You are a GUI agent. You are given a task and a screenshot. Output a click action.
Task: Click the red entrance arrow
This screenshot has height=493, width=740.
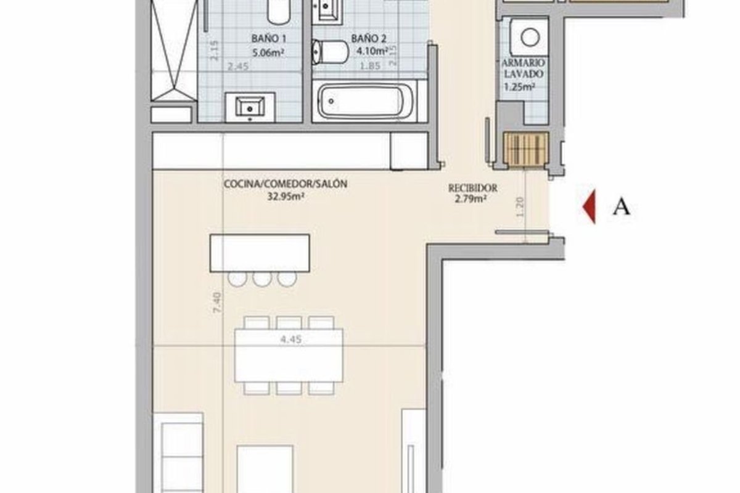590,206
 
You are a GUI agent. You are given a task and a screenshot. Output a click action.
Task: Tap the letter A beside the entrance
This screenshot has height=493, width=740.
622,208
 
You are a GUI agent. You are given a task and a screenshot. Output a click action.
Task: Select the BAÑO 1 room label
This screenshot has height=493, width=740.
269,39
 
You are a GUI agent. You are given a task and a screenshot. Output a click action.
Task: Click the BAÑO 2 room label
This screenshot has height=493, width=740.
368,39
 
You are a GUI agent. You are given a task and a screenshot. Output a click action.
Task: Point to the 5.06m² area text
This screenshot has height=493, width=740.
268,52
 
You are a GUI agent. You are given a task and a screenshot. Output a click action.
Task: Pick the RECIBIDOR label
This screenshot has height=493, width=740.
472,188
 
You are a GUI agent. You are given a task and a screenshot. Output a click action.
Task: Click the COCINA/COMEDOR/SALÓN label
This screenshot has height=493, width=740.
286,184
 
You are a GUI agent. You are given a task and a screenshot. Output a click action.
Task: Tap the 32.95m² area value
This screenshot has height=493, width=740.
286,197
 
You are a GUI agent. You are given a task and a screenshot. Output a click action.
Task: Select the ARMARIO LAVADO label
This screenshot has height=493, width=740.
524,68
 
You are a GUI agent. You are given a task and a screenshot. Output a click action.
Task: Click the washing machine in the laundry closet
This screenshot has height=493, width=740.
530,38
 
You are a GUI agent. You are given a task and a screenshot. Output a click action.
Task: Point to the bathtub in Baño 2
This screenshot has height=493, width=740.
365,102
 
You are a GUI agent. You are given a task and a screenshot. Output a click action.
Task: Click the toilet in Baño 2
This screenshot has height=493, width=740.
331,52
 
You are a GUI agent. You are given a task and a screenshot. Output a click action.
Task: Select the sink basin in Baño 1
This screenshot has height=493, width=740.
250,107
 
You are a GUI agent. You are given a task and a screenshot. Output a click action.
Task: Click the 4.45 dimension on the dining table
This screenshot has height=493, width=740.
290,340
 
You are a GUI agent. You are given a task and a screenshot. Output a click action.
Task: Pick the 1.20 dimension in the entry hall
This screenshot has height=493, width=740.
520,208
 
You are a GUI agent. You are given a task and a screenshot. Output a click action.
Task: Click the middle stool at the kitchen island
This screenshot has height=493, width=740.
262,279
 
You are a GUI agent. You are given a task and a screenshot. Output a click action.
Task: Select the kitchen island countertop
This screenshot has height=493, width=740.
260,253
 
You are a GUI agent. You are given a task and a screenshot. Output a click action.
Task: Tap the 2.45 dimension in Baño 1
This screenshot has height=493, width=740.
238,67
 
